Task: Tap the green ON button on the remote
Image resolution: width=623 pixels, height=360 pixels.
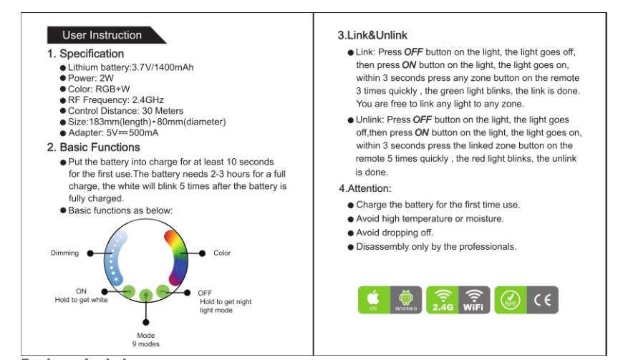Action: [x=129, y=291]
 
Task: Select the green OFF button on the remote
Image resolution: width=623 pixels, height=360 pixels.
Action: [x=163, y=291]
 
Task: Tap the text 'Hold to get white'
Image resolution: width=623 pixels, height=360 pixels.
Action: [x=81, y=300]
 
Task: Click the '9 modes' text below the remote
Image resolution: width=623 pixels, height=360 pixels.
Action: [x=146, y=343]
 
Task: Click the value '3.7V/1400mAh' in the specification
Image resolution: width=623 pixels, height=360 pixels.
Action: [x=163, y=67]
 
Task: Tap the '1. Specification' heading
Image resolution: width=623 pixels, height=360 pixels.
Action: [x=85, y=54]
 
